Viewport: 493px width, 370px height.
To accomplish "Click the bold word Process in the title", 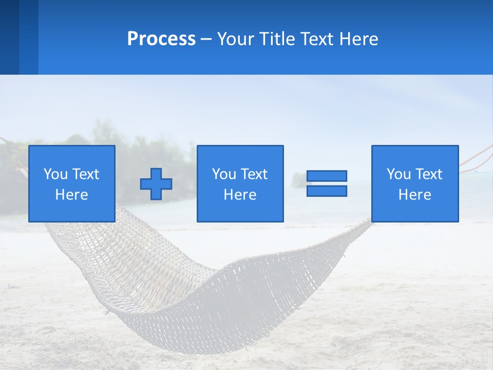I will [161, 39].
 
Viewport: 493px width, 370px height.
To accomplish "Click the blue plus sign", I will [156, 184].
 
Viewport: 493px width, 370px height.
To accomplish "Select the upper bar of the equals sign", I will [327, 176].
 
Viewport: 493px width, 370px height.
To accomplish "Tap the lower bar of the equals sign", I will [327, 191].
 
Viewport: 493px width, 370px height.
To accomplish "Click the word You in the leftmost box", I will [55, 174].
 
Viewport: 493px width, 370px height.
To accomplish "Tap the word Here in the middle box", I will [240, 195].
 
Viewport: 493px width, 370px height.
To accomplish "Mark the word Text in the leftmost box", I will [85, 174].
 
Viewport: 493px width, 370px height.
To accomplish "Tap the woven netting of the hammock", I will [169, 277].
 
